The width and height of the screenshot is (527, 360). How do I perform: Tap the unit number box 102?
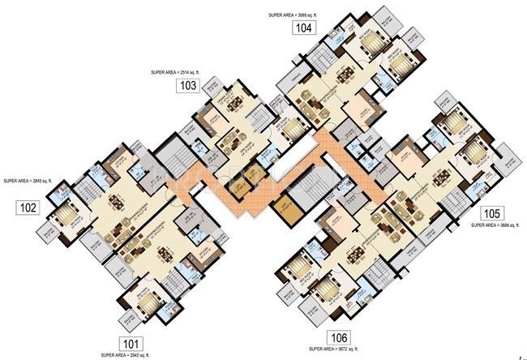28,208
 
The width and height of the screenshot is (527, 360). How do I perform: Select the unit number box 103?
188,85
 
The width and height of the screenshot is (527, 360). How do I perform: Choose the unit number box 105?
491,213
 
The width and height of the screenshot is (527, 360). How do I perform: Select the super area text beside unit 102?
29,181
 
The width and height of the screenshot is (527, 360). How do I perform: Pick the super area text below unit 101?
126,355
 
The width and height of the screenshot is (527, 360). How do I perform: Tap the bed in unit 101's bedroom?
148,306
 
